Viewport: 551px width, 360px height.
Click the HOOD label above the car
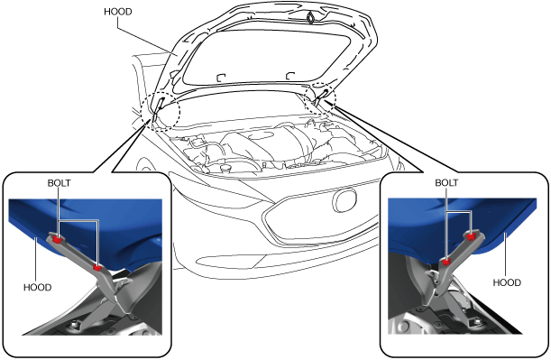(x=118, y=12)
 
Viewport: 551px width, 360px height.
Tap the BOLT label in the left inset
(x=59, y=183)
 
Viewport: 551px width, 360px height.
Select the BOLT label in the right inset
(x=446, y=183)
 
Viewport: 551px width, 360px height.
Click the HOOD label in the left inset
(x=38, y=287)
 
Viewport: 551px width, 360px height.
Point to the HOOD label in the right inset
(x=507, y=282)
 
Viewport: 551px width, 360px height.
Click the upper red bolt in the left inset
(x=57, y=239)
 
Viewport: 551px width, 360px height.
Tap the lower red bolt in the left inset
(x=97, y=268)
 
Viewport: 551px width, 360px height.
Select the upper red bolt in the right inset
(x=472, y=236)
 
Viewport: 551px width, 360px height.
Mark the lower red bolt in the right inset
(x=446, y=262)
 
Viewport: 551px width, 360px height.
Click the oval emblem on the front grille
(x=344, y=200)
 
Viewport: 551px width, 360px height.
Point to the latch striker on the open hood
(x=311, y=17)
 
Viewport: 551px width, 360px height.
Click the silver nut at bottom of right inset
(x=477, y=322)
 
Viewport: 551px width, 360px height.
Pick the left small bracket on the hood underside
(x=221, y=78)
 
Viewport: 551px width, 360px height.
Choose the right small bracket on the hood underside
(x=290, y=76)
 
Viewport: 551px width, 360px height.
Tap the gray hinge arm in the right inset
(x=454, y=260)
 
